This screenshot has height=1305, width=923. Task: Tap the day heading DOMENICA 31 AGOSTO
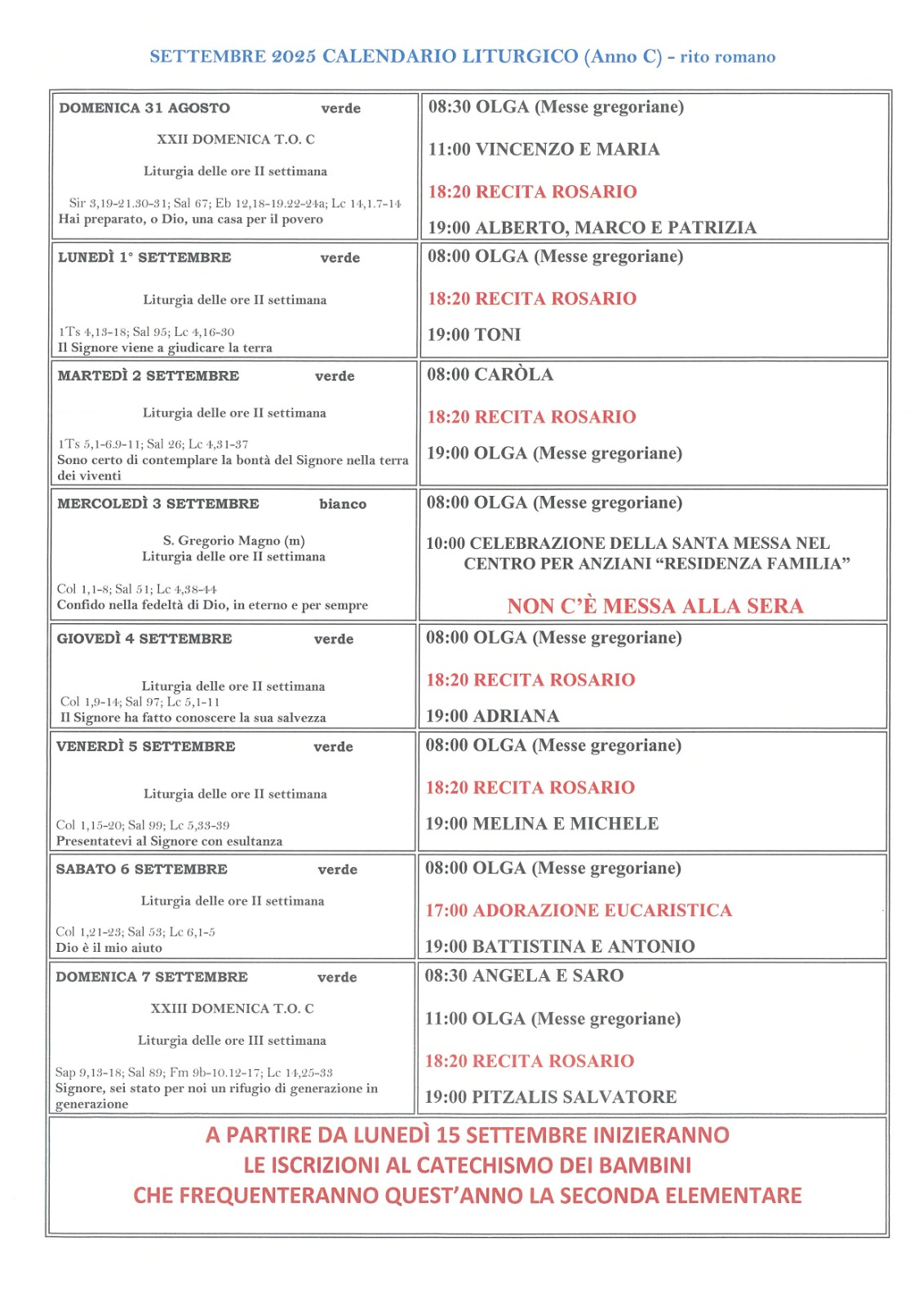[144, 108]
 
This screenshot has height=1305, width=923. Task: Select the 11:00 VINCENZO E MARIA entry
[544, 149]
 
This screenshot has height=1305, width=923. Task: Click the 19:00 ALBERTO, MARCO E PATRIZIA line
[592, 228]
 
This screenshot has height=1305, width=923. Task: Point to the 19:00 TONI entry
[474, 334]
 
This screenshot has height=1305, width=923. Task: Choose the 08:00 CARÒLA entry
[490, 374]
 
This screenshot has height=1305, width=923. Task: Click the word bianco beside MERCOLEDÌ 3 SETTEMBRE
[343, 504]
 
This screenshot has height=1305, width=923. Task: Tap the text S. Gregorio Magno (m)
[233, 540]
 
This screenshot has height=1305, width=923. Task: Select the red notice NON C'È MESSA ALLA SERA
[655, 606]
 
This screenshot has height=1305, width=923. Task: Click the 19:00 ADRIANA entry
[492, 716]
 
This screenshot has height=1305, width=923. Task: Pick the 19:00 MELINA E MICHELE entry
[542, 824]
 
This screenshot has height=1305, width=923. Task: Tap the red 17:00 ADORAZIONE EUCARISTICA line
[579, 910]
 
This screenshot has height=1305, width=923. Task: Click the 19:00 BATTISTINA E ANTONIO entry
[560, 946]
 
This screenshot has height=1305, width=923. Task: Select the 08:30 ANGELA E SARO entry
[524, 975]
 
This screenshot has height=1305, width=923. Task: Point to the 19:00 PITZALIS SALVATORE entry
[551, 1097]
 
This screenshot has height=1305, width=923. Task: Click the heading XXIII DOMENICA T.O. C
[232, 1008]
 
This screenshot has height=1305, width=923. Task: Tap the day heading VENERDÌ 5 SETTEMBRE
[145, 746]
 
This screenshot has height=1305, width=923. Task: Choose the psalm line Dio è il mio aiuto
[109, 948]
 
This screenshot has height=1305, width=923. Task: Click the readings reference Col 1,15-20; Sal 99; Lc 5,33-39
[143, 825]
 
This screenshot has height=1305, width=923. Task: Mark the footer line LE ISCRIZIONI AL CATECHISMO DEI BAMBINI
[467, 1166]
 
